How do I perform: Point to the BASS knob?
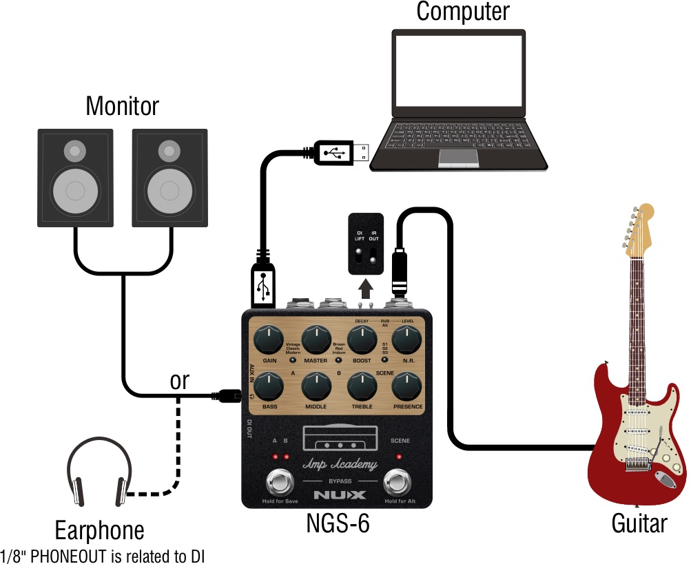(x=269, y=386)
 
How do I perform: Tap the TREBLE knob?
(x=362, y=386)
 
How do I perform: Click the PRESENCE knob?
(x=407, y=386)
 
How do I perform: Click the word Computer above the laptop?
(x=462, y=11)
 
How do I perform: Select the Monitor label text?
(x=122, y=106)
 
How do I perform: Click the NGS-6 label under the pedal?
(x=338, y=523)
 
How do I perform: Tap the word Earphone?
(x=100, y=530)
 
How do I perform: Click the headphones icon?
(x=99, y=476)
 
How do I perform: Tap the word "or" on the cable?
(x=179, y=381)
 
